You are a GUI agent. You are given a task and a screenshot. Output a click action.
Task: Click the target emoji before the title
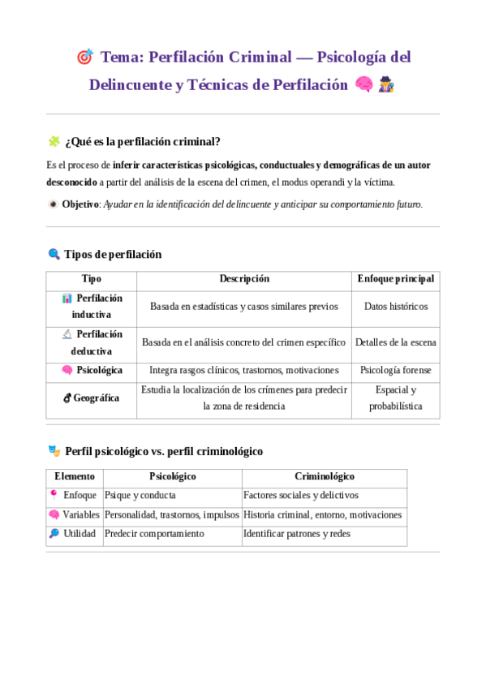[x=84, y=58]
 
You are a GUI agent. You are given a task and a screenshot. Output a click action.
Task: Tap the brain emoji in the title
[x=364, y=85]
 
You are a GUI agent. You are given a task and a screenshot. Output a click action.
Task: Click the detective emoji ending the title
[x=386, y=85]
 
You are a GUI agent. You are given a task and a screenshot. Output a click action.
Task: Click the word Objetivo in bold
[x=80, y=204]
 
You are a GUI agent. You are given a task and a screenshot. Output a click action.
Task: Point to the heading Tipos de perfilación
[x=113, y=254]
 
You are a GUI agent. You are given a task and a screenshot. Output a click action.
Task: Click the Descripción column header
[x=244, y=278]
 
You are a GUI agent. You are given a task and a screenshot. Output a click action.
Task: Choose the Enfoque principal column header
[x=395, y=278]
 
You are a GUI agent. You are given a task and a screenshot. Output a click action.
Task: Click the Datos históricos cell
[x=396, y=307]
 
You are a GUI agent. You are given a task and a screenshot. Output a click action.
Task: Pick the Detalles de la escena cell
[x=396, y=342]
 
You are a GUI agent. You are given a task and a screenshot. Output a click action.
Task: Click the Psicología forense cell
[x=396, y=370]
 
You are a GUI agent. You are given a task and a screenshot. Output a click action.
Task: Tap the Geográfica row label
[x=96, y=398]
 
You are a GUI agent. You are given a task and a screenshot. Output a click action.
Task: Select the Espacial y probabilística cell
[x=396, y=398]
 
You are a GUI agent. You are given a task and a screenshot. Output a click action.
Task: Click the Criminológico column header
[x=325, y=476]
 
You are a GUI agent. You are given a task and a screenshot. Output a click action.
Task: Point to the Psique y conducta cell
[x=140, y=495]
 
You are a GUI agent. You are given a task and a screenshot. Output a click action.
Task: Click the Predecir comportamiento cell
[x=155, y=534]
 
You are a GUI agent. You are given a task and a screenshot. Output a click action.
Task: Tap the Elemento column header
[x=75, y=476]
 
